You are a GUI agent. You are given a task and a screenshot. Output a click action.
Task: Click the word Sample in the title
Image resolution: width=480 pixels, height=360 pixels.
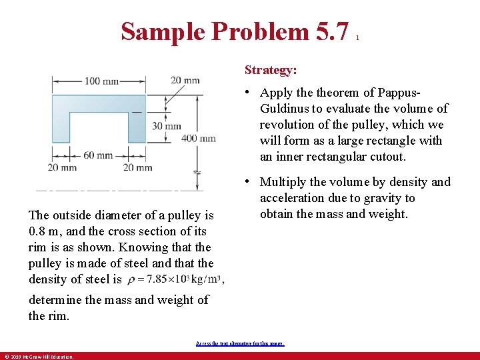click(163, 31)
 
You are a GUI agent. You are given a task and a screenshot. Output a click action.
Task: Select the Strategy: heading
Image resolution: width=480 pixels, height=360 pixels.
click(271, 69)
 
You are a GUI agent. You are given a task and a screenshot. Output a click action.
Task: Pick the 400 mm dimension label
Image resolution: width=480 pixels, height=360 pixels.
click(199, 139)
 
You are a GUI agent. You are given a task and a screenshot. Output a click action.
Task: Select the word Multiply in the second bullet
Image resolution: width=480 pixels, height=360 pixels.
click(284, 182)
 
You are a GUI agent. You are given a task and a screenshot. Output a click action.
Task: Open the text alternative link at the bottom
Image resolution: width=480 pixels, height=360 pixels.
click(240, 343)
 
